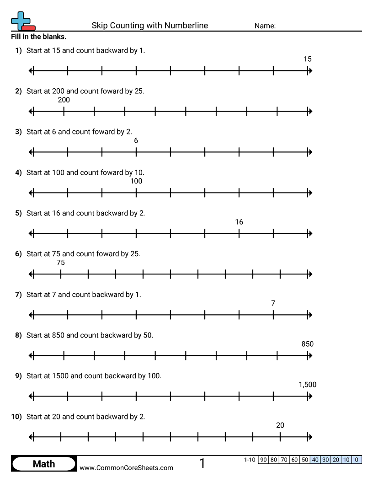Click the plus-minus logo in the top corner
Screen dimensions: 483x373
22,21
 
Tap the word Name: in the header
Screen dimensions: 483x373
265,26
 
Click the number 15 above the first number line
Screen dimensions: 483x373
307,59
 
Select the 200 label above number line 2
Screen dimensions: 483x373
64,100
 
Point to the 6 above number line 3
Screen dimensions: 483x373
136,140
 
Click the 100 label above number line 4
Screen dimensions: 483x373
136,181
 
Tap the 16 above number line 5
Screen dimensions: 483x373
239,222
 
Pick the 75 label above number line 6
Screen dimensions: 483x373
61,263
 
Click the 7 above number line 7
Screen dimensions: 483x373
273,303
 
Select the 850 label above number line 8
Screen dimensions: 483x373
307,344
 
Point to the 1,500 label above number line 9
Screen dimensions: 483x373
307,385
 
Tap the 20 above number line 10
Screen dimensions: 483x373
280,425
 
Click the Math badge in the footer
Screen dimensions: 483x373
44,464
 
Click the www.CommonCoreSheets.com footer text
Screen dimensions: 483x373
127,467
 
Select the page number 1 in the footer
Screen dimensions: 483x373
202,464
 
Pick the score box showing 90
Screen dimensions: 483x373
263,460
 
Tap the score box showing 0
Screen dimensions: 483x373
357,460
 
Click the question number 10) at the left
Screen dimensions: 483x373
16,417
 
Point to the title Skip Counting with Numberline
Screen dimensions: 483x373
150,26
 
